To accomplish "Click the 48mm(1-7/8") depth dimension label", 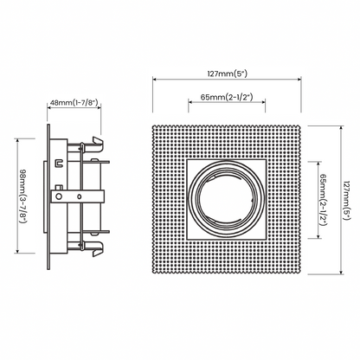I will (74, 103).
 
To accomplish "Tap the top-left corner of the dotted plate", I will (153, 126).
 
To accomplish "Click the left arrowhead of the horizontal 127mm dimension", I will (154, 79).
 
